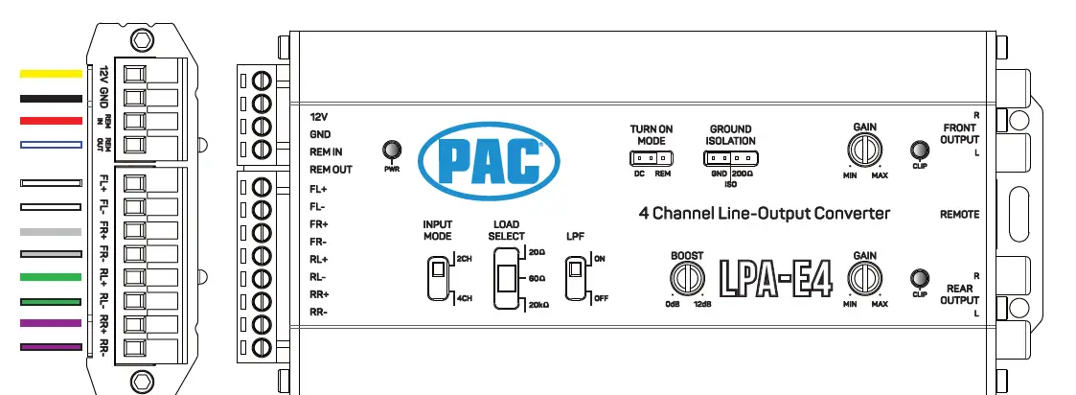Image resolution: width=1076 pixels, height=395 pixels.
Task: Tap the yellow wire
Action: (52, 73)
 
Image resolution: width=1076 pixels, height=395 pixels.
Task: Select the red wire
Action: (52, 121)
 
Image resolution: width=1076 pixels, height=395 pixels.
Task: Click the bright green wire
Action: (52, 277)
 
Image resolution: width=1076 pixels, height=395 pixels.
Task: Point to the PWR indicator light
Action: (391, 150)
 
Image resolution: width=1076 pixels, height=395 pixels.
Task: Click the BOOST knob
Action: (686, 279)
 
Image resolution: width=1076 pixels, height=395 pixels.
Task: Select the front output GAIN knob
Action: (864, 150)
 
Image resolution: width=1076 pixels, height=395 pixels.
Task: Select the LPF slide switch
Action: (576, 277)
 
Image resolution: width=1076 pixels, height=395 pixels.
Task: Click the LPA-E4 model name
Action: (776, 279)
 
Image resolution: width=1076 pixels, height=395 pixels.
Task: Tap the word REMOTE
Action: (959, 215)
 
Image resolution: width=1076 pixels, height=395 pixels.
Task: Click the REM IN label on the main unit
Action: (326, 152)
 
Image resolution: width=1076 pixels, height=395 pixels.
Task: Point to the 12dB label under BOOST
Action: (702, 304)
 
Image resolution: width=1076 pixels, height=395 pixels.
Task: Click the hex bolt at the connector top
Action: (142, 40)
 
